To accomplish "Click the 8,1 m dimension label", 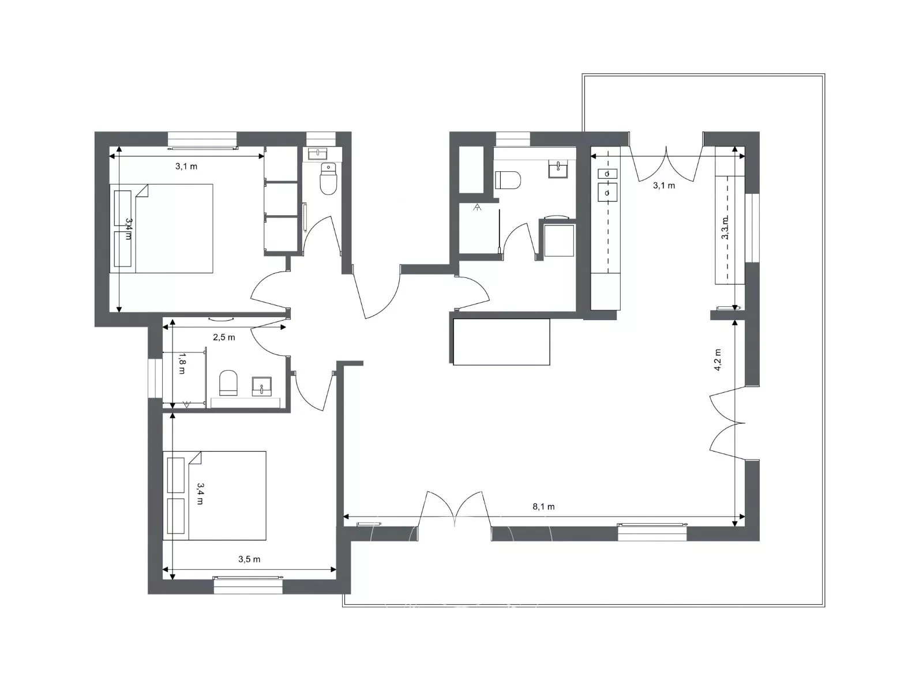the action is point(543,507).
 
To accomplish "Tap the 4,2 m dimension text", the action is point(718,360).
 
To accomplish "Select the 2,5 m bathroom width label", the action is point(224,337).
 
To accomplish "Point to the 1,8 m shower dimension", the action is point(182,364).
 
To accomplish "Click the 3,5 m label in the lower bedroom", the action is point(249,559).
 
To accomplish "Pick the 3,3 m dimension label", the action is point(725,228).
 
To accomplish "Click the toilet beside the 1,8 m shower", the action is point(228,383).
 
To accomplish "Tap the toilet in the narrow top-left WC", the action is point(328,179).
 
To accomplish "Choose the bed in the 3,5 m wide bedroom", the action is point(215,495).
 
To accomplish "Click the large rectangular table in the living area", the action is point(501,341).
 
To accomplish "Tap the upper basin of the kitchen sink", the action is point(607,174).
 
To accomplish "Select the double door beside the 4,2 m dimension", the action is point(727,423).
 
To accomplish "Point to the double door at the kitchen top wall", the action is point(666,163).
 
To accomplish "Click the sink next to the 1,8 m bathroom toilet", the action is point(261,386).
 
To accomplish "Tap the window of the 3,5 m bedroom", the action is point(248,584).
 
